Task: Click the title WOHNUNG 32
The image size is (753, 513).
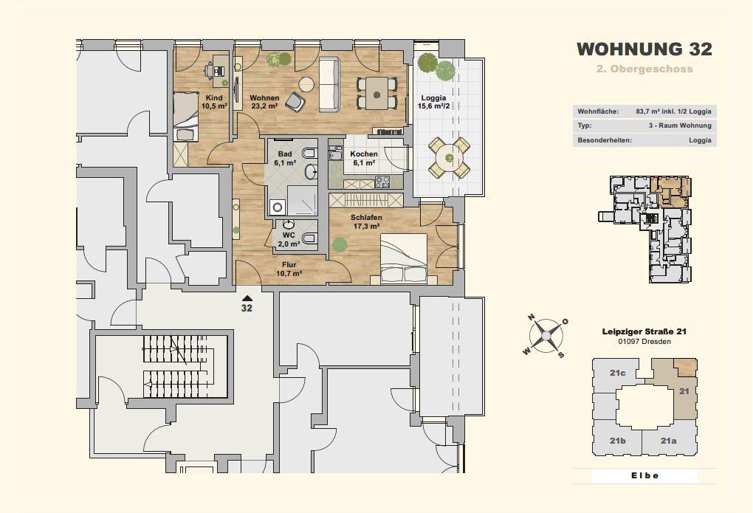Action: pos(644,49)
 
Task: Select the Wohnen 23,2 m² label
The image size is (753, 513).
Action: pos(264,102)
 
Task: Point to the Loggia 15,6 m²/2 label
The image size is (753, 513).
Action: pos(433,102)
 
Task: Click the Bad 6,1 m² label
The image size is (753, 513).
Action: pos(285,159)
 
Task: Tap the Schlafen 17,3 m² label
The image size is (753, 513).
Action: pos(366,222)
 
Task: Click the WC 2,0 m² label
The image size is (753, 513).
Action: pos(289,240)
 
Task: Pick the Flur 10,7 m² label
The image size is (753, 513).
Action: pos(289,269)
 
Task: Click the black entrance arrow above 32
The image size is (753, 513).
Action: pos(247,298)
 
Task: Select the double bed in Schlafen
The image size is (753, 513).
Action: pos(404,259)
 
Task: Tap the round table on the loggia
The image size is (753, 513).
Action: pos(449,157)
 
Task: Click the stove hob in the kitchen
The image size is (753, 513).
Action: pos(382,182)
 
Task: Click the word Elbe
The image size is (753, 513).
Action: pos(644,475)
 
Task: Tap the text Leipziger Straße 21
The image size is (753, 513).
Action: pos(644,331)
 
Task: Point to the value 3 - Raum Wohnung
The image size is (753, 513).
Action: pos(679,125)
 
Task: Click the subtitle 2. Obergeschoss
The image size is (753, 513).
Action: pos(644,69)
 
